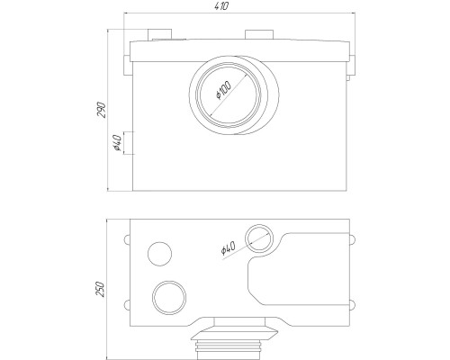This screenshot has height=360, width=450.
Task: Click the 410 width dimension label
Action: [222, 6]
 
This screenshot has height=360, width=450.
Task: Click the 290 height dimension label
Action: [102, 110]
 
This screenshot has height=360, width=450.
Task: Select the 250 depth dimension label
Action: [100, 289]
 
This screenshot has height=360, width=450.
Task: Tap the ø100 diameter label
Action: [224, 90]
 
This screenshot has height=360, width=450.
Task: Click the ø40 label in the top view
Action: [228, 248]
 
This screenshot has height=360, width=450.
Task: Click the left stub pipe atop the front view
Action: [159, 34]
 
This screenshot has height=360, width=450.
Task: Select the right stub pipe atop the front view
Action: [259, 34]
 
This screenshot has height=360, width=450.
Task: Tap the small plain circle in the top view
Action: [160, 254]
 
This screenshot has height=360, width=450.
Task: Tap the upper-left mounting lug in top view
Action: [127, 239]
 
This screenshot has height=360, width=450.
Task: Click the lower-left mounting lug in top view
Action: [127, 305]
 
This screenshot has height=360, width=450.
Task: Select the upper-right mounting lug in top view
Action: [353, 239]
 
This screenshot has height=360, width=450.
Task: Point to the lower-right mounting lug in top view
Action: [353, 305]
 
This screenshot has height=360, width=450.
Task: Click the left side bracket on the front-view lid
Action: [128, 65]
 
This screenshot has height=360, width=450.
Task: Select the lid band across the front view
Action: [239, 51]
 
